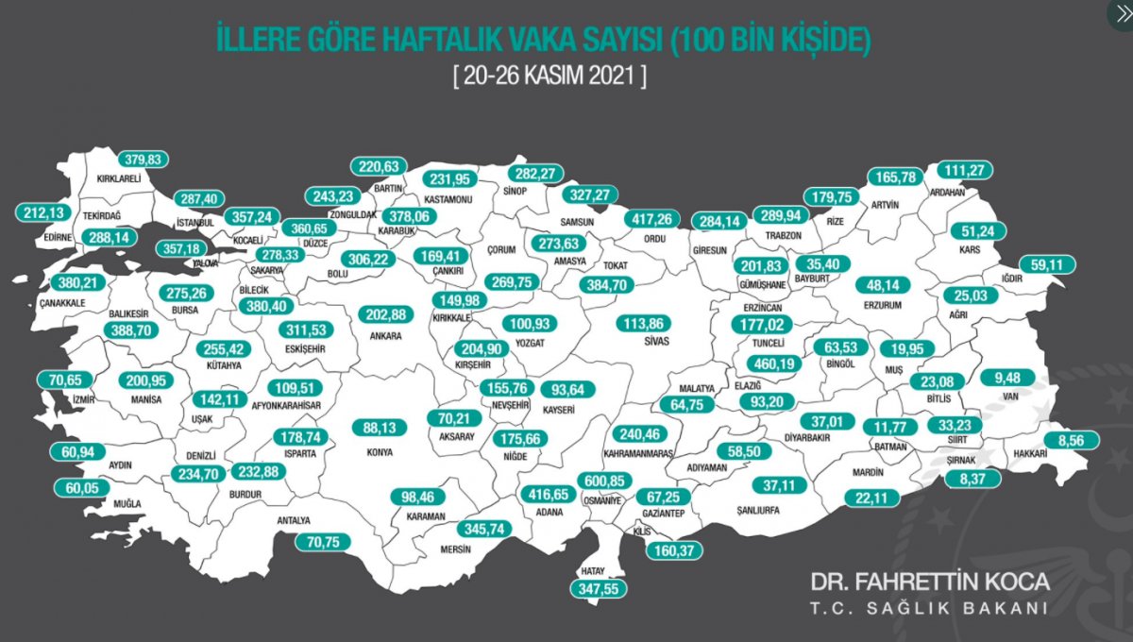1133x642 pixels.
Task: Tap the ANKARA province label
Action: pyautogui.click(x=386, y=335)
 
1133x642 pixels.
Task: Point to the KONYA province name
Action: pyautogui.click(x=380, y=451)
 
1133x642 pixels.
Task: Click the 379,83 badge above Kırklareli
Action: pyautogui.click(x=143, y=159)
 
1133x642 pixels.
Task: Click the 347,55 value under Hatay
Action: pyautogui.click(x=598, y=587)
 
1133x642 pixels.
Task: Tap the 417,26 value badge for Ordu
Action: pyautogui.click(x=652, y=218)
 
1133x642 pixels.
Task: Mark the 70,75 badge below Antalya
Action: pyautogui.click(x=323, y=542)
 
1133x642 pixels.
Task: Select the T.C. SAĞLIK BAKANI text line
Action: pyautogui.click(x=930, y=609)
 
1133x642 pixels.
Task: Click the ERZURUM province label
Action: pyautogui.click(x=883, y=306)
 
